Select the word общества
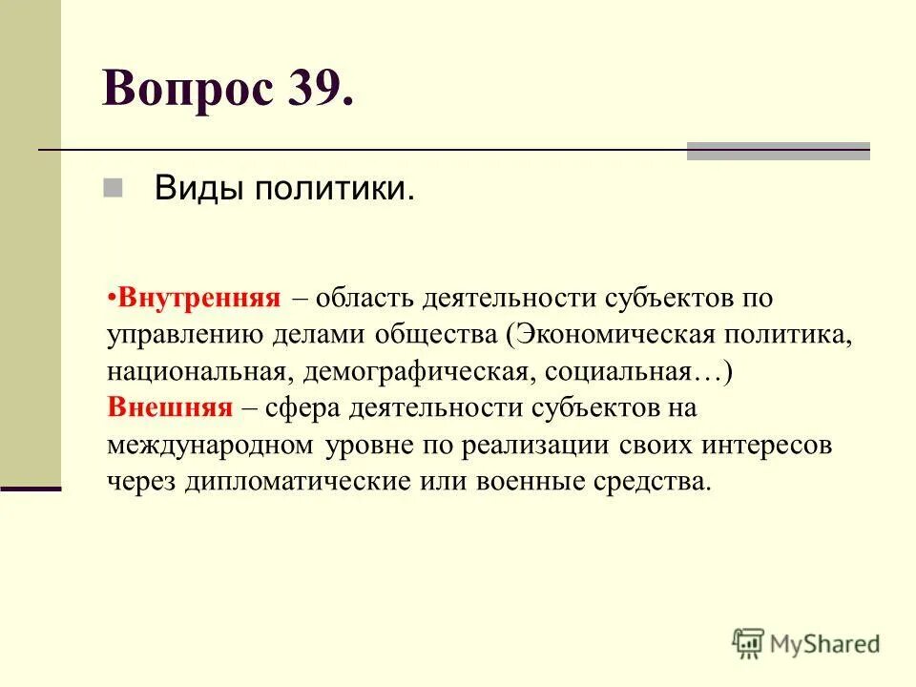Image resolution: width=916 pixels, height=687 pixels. click(x=445, y=334)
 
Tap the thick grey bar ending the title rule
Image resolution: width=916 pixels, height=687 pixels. click(x=778, y=151)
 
